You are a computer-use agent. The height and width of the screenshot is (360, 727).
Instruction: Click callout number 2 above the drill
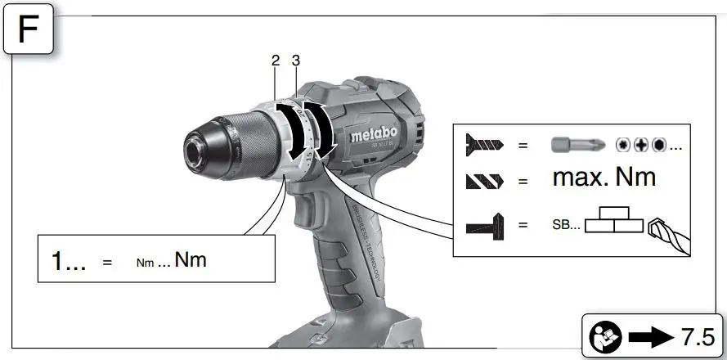276,61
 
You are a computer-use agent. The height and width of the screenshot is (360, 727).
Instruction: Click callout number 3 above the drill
296,61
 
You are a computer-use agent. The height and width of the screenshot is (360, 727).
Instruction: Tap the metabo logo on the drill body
374,134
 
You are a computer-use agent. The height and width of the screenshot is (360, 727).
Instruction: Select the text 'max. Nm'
604,177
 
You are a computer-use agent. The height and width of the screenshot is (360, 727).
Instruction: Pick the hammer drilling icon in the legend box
485,224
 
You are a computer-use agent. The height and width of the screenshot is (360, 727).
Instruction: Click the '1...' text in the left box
69,261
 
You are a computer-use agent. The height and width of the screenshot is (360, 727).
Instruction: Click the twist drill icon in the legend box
485,180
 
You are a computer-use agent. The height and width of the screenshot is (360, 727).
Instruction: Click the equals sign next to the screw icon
523,146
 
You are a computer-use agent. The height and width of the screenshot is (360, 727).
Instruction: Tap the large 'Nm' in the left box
191,260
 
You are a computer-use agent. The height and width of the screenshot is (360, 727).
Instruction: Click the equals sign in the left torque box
106,263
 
